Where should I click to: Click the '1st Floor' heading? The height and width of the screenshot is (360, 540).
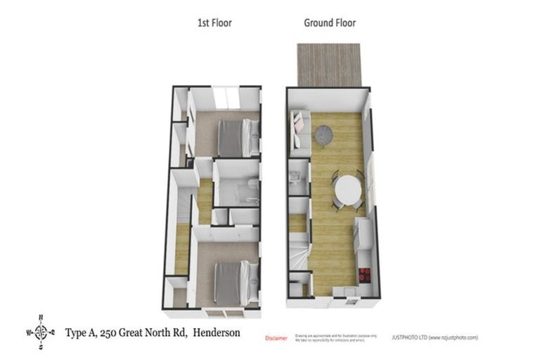tap(214, 23)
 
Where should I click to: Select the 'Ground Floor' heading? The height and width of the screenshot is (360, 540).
tap(329, 23)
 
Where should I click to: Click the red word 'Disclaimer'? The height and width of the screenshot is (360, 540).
tap(276, 338)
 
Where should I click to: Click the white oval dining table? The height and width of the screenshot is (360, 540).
tap(347, 190)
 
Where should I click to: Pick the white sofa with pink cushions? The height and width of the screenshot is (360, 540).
tap(298, 131)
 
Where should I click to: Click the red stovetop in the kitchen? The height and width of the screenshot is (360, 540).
tap(365, 274)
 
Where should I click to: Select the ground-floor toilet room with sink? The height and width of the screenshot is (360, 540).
tap(298, 179)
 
